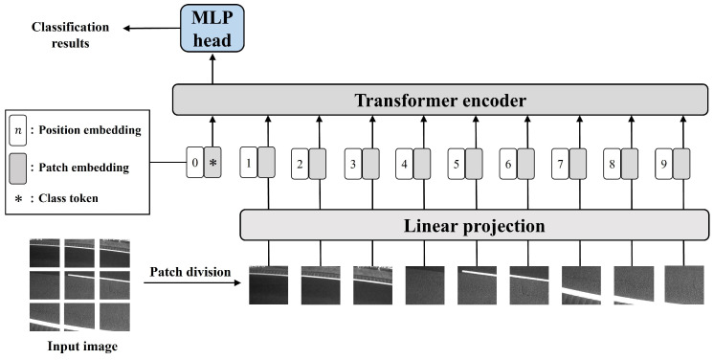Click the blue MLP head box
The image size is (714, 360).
pyautogui.click(x=213, y=29)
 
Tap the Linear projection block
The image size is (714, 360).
pyautogui.click(x=476, y=226)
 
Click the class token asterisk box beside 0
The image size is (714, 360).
pyautogui.click(x=212, y=163)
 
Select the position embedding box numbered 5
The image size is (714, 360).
pyautogui.click(x=456, y=163)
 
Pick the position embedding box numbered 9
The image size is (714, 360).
pyautogui.click(x=663, y=163)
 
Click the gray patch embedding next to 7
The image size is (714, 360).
pyautogui.click(x=578, y=163)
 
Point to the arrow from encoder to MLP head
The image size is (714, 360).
pyautogui.click(x=213, y=68)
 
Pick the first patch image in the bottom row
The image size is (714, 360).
pyautogui.click(x=269, y=283)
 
